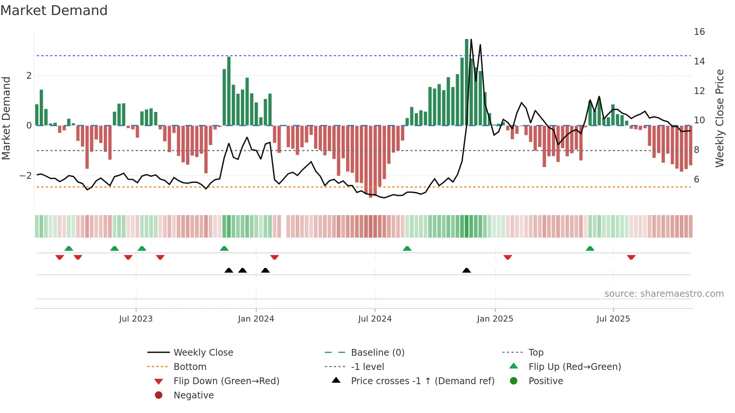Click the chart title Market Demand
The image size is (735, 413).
(54, 10)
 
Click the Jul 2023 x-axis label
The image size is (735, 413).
(136, 319)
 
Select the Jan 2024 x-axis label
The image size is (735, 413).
(256, 319)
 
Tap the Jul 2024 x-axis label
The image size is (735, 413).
(375, 319)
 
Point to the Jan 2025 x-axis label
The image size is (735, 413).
(495, 319)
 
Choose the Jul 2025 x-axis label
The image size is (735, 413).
(613, 319)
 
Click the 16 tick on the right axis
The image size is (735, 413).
(699, 32)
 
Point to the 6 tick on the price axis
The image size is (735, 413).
(696, 180)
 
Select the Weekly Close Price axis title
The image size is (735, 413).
(719, 118)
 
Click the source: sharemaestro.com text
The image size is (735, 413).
(664, 294)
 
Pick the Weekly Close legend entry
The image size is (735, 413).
(203, 353)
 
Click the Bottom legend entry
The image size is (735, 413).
(190, 367)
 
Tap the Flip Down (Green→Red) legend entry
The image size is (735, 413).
(226, 381)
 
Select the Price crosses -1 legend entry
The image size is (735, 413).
(422, 381)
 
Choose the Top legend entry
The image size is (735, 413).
(536, 353)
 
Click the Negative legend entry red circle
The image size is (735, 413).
(159, 395)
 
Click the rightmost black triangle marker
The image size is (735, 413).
(466, 270)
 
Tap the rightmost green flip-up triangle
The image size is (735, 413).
(590, 248)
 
